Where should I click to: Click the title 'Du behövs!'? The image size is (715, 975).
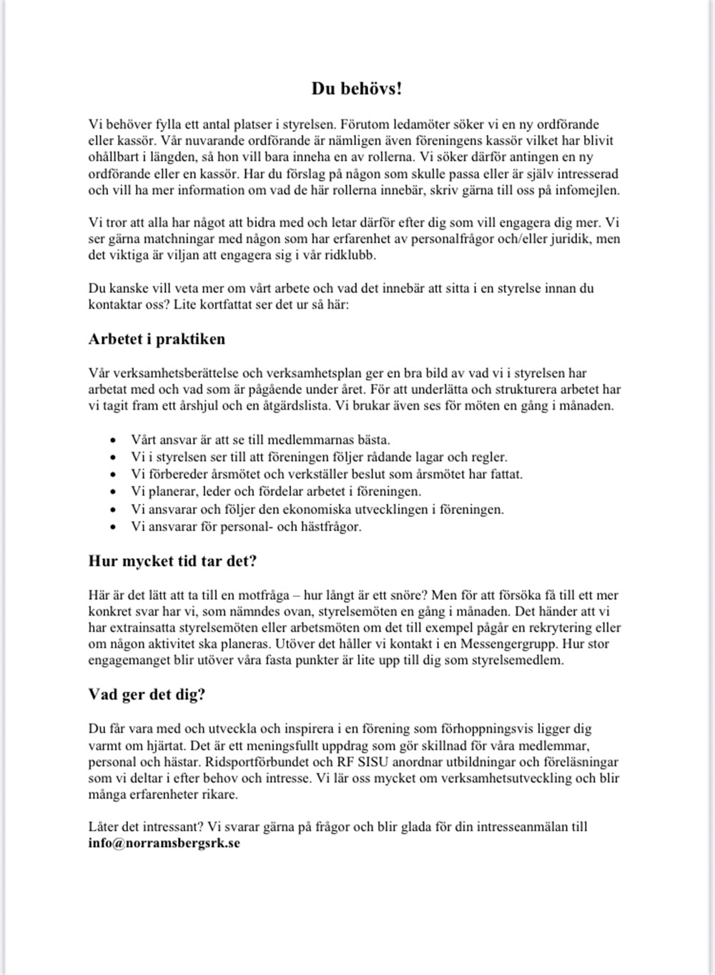356,89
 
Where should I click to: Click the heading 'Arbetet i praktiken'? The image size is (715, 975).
157,339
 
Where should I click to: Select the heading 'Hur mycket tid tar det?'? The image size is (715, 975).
172,561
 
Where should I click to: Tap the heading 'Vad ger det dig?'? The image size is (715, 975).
147,695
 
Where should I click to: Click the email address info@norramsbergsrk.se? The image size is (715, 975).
164,843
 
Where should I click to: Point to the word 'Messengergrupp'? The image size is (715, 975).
512,644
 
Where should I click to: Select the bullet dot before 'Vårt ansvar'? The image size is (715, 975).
112,440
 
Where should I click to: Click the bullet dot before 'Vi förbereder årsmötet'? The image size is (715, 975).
112,475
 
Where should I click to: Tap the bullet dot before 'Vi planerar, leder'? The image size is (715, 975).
112,492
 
